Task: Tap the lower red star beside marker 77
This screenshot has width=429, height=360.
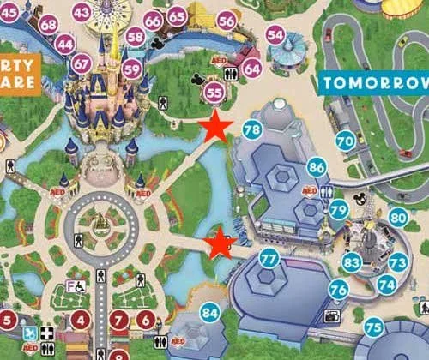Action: coord(221,244)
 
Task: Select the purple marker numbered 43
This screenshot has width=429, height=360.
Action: coord(82,12)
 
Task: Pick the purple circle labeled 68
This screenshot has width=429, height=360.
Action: coord(49,24)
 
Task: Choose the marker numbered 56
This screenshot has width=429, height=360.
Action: coord(227,21)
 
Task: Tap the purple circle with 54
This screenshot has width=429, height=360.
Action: coord(275,34)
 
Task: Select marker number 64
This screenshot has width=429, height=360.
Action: coord(252,67)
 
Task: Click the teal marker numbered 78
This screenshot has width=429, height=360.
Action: coord(251,130)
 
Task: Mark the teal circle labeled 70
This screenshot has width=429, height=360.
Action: coord(345,140)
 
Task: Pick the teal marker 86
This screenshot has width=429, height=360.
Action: coord(317,167)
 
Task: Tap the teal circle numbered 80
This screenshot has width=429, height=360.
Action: coord(397,218)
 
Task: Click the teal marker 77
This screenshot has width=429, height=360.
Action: coord(269,257)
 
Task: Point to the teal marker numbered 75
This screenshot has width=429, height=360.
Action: coord(372,327)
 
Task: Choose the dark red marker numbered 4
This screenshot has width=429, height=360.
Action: coord(82,321)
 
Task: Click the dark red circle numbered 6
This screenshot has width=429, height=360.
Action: coord(146,321)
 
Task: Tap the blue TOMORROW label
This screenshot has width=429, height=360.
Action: coord(374,83)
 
